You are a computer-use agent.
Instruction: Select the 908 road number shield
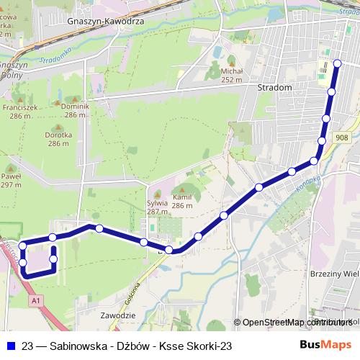pos(341,138)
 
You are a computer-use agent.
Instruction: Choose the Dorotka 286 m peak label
pos(58,139)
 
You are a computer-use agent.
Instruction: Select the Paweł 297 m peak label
pos(11,180)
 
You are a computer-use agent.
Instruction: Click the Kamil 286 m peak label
pos(182,201)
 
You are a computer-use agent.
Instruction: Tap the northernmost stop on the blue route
pos(337,63)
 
